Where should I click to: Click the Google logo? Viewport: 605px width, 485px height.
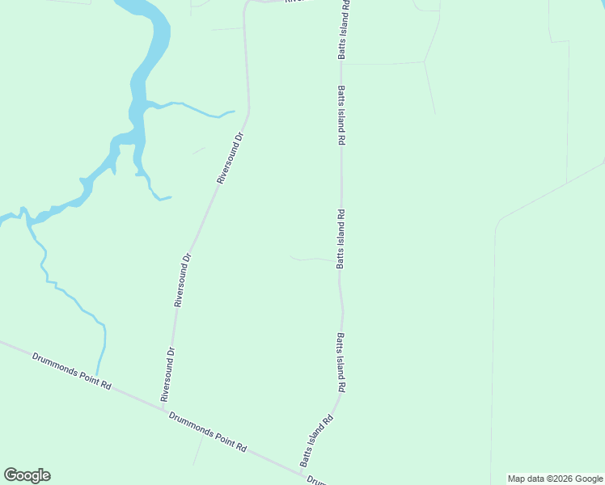pyautogui.click(x=27, y=475)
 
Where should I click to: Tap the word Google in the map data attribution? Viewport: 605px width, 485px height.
pyautogui.click(x=589, y=479)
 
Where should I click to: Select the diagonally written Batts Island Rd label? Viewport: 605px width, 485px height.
pyautogui.click(x=317, y=441)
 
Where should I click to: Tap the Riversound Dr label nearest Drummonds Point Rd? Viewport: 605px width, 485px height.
pyautogui.click(x=167, y=374)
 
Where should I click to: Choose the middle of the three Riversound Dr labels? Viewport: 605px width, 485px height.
pyautogui.click(x=182, y=280)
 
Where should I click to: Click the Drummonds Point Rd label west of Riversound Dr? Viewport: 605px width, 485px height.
pyautogui.click(x=71, y=371)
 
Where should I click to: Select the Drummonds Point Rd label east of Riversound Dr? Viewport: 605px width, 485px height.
pyautogui.click(x=207, y=432)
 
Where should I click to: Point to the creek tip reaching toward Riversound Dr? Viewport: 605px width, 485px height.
pyautogui.click(x=233, y=112)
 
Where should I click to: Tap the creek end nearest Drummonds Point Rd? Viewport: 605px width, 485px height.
pyautogui.click(x=97, y=373)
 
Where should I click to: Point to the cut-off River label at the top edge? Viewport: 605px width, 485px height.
pyautogui.click(x=295, y=2)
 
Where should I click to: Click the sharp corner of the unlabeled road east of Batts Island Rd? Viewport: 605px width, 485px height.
pyautogui.click(x=496, y=221)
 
